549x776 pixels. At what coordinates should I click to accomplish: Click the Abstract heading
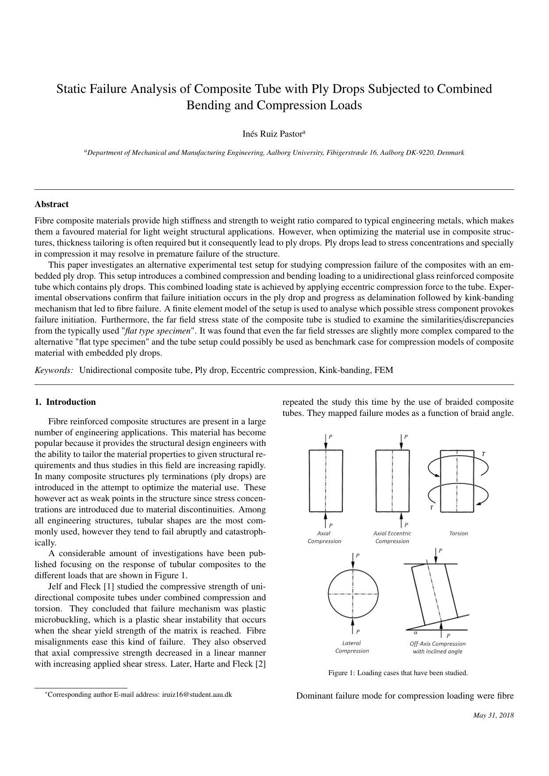tap(52, 204)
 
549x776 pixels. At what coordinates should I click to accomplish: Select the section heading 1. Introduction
tap(65, 402)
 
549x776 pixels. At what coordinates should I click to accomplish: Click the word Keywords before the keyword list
tap(54, 370)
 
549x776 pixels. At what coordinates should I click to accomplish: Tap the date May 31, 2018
tap(493, 715)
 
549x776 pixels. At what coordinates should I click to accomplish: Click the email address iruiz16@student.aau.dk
tap(197, 695)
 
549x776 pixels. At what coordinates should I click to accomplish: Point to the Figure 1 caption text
tap(398, 673)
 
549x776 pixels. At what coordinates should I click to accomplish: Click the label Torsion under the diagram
tap(458, 534)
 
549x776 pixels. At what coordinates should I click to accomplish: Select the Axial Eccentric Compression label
tap(392, 537)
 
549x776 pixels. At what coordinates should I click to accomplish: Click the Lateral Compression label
tap(352, 647)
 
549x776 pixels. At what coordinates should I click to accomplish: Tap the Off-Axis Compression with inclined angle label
tap(438, 648)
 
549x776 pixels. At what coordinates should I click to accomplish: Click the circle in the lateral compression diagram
tap(353, 593)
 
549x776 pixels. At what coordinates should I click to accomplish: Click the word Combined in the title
tap(464, 89)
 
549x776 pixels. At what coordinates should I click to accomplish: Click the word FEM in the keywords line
tap(384, 370)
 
